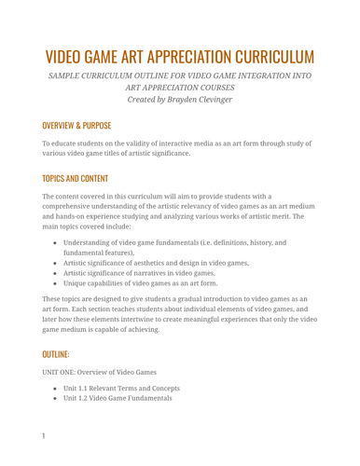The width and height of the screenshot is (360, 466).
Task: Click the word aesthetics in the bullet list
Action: pyautogui.click(x=156, y=263)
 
